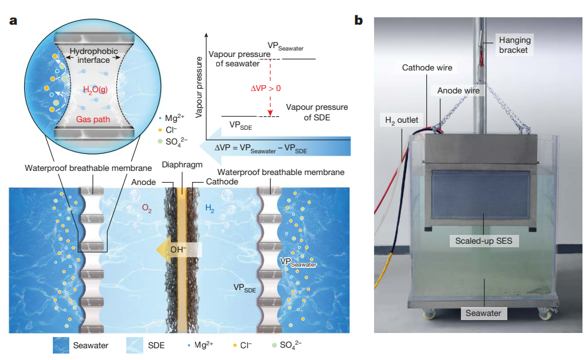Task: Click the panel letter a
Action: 12,22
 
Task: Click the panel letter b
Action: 359,22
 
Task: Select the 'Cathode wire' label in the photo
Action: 427,68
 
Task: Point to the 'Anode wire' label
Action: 458,90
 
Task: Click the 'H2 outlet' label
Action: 401,120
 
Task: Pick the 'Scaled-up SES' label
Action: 484,241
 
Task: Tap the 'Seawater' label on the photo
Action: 483,313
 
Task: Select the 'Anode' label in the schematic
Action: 144,182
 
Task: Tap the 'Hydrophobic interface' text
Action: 94,56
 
